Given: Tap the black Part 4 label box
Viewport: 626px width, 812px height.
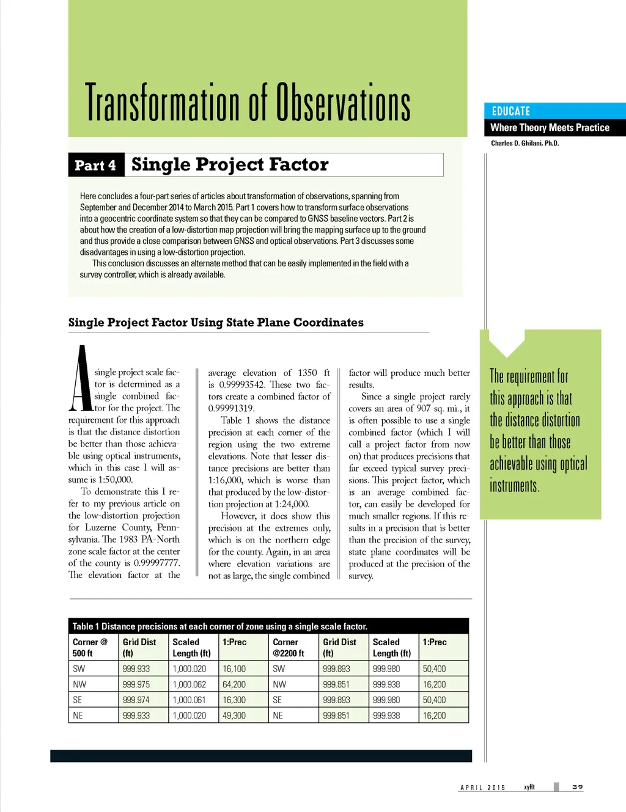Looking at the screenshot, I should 96,165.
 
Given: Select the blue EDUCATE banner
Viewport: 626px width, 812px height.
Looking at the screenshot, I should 554,111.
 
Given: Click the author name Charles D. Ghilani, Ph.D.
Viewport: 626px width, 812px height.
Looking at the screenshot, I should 525,144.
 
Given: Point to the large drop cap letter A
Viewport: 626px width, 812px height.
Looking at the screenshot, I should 81,379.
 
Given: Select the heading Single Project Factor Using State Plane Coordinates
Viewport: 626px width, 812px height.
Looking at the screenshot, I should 216,323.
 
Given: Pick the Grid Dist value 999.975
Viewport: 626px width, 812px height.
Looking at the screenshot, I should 136,685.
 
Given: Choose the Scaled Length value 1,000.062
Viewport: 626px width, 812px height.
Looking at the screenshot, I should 190,685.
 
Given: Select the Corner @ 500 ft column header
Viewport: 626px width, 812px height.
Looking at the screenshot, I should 90,648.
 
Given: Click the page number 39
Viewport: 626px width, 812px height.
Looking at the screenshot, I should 577,787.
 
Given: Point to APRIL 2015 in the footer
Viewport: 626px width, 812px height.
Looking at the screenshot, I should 483,788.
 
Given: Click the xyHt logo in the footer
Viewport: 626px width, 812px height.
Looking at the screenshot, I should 529,787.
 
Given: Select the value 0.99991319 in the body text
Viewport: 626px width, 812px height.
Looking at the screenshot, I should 231,408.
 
